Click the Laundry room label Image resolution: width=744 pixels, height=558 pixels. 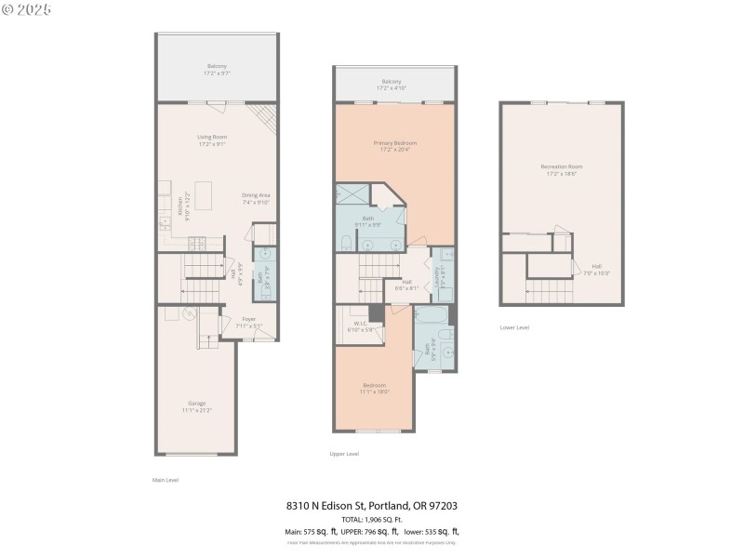point(437,278)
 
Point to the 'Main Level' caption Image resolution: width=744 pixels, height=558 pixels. point(165,480)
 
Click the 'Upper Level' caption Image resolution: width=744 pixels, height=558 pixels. point(344,454)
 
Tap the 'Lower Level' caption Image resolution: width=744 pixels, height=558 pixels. point(514,327)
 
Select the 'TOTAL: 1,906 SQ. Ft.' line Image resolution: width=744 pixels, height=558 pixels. point(371,519)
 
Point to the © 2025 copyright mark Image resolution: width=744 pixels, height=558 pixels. point(27,9)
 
